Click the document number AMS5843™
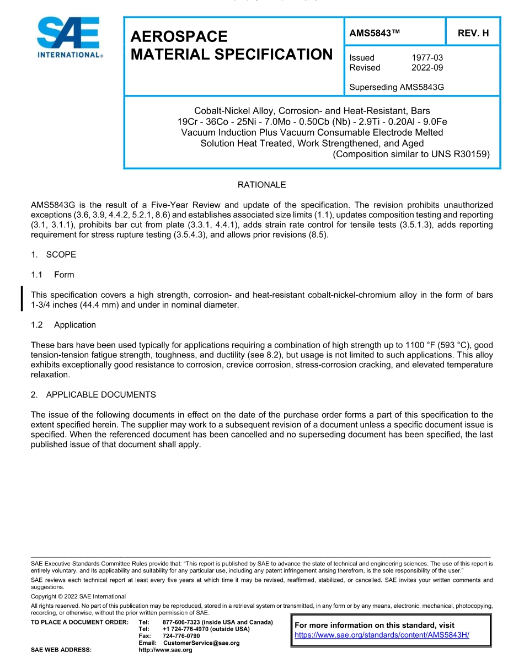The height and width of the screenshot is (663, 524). coord(375,33)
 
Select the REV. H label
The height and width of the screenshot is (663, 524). coord(473,33)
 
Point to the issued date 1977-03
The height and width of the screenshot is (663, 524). coord(427,58)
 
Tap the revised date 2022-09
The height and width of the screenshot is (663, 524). coord(427,68)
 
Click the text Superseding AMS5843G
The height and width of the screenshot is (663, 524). coord(397,87)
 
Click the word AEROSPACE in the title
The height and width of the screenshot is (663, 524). coord(179,36)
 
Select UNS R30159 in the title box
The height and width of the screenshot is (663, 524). coord(463,154)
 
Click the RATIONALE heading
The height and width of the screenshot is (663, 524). coord(261,185)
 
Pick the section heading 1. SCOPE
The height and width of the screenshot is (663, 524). coord(54,255)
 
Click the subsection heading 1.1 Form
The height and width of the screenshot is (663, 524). coord(52,275)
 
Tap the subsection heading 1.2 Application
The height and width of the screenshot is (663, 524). coord(63,325)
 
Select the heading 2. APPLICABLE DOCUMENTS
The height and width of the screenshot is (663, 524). coord(93,395)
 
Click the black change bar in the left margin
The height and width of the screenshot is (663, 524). coord(22,299)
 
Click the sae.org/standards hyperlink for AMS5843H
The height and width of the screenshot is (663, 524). coord(382,635)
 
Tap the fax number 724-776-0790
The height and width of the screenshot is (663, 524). coord(181,636)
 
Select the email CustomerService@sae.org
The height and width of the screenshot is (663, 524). coord(201,643)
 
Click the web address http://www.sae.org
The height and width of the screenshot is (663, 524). coord(165,650)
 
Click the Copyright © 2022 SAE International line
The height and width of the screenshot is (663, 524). coord(78,596)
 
